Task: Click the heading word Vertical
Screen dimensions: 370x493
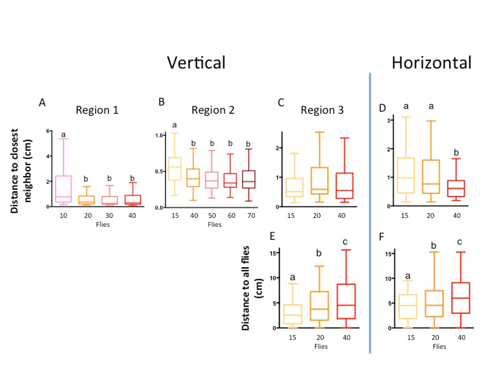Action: (196, 63)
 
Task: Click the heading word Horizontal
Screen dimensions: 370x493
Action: (431, 63)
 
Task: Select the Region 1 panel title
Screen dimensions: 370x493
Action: (97, 110)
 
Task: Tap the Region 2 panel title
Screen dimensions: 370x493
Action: (213, 110)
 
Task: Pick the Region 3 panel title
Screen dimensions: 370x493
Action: (322, 111)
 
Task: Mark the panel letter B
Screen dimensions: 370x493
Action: (161, 102)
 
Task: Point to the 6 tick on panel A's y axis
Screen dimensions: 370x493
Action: (48, 131)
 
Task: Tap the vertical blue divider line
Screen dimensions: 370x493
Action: (370, 212)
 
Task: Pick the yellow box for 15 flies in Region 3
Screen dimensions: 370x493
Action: (294, 187)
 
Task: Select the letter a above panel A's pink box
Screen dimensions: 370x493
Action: (64, 134)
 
